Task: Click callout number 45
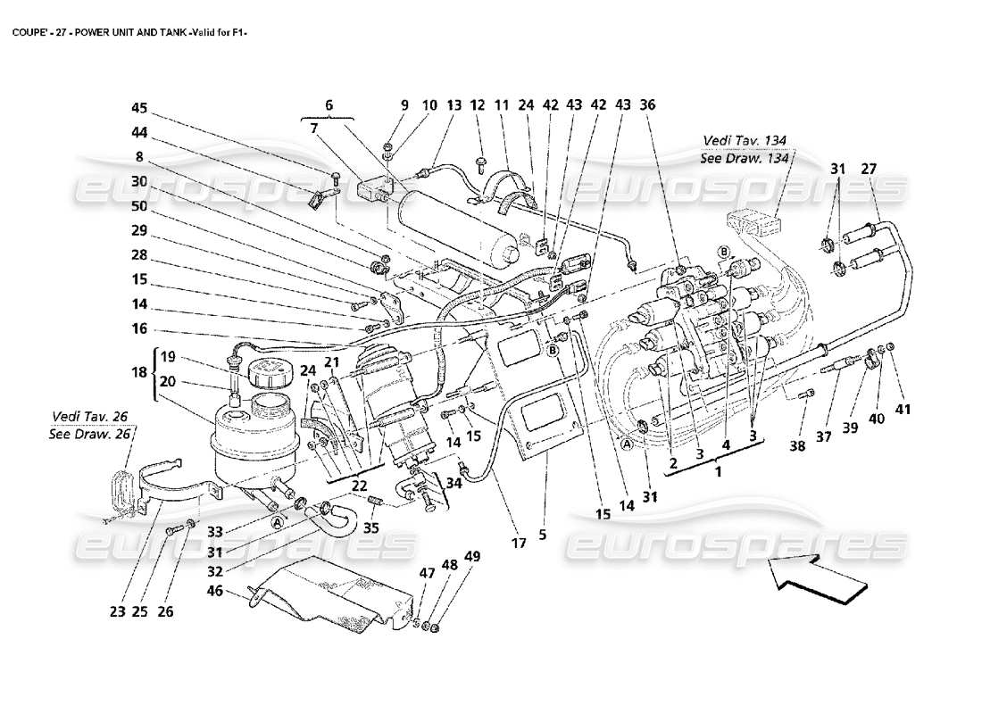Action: (139, 109)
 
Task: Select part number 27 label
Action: (869, 169)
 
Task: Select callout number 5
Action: (543, 535)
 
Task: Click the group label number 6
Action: (329, 105)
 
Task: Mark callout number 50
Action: (139, 205)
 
